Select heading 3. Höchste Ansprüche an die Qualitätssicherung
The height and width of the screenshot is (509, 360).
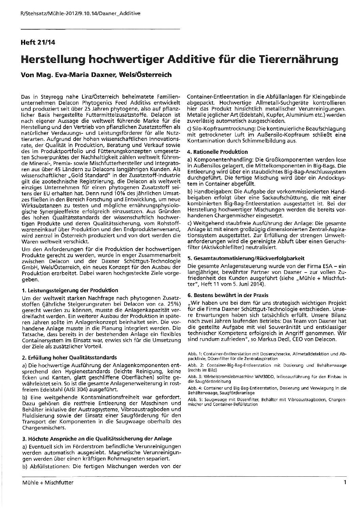[97, 438]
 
